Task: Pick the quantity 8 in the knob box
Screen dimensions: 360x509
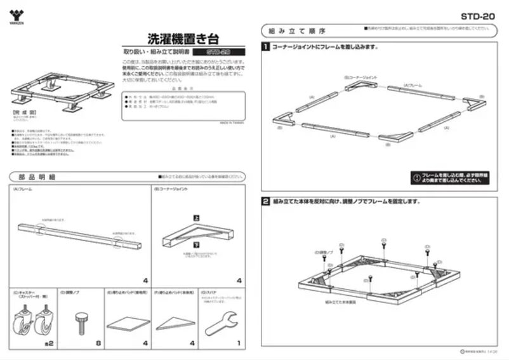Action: point(98,343)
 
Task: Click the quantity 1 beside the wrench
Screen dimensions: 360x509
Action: point(238,343)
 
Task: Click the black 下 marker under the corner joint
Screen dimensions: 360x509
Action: point(196,243)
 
